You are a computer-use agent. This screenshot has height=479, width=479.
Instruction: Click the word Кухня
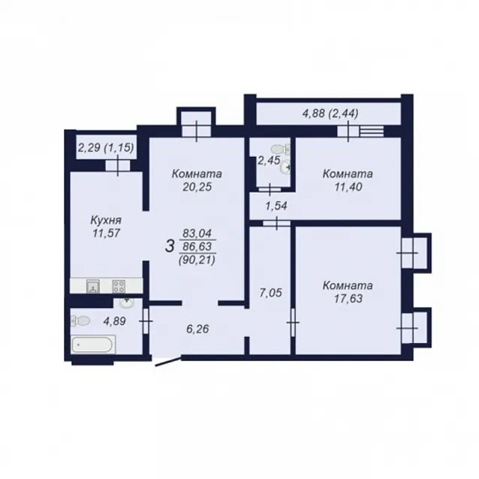click(106, 220)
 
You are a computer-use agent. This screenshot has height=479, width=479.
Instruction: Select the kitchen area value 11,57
click(106, 233)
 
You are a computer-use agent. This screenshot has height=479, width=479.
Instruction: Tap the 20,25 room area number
click(197, 187)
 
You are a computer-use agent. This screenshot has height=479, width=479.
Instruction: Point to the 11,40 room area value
click(348, 187)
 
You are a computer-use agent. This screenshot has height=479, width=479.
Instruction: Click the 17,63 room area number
click(348, 299)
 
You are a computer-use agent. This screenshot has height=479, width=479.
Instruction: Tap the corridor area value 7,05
click(270, 293)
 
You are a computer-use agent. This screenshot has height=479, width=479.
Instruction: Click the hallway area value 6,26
click(197, 329)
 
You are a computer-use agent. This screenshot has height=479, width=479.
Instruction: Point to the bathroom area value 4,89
click(115, 321)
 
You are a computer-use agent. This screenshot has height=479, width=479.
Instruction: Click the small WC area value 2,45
click(269, 160)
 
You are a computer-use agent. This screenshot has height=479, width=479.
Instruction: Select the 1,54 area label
click(276, 206)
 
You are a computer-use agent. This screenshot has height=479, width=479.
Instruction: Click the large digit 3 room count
click(170, 246)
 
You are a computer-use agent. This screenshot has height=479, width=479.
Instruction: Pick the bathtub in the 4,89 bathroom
click(93, 345)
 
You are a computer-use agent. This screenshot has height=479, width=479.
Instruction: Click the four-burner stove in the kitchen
click(119, 286)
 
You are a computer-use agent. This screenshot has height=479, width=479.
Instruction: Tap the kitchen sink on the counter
click(93, 287)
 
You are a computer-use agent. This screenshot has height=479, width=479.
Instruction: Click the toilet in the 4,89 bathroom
click(80, 321)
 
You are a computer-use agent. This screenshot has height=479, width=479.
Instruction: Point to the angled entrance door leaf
click(167, 361)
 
